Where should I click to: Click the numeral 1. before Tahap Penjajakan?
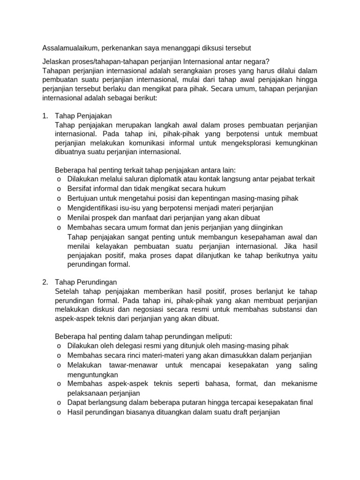[45, 115]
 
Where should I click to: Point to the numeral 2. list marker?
[45, 282]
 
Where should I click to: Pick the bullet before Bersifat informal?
[59, 188]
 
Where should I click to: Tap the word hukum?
[216, 188]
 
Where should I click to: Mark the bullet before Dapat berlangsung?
[59, 403]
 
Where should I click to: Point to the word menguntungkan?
[92, 375]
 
